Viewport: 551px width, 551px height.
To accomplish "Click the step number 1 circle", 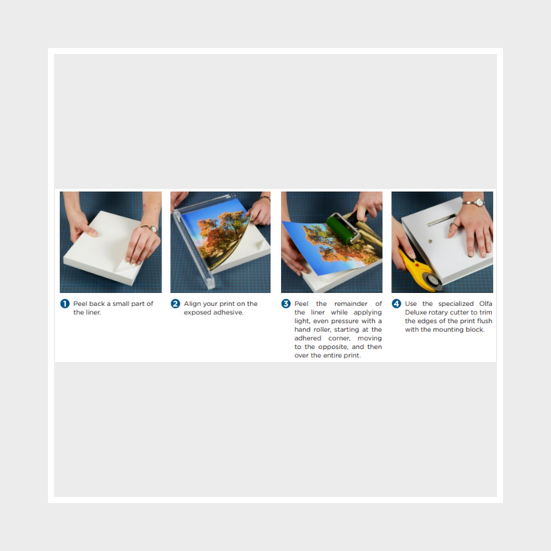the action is [65, 304].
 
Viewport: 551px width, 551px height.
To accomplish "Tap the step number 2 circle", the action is [175, 304].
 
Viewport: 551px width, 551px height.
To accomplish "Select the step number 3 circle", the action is [286, 304].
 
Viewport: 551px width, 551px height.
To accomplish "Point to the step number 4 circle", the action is [396, 304].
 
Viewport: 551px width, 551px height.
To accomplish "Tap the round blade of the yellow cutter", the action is [432, 281].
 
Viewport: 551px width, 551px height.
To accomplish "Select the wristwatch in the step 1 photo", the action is [152, 229].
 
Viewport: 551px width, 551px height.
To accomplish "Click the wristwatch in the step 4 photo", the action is [475, 203].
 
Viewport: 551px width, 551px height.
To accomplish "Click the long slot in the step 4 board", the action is [442, 220].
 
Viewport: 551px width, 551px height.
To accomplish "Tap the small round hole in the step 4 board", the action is [430, 241].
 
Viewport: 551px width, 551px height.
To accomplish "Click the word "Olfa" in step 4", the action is [485, 304].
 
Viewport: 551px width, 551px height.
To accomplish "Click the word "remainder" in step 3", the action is [350, 304].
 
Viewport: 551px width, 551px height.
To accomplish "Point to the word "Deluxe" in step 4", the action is [416, 312].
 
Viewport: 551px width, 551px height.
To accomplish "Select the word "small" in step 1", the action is [121, 304].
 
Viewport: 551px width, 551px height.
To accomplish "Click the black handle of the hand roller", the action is [361, 214].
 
